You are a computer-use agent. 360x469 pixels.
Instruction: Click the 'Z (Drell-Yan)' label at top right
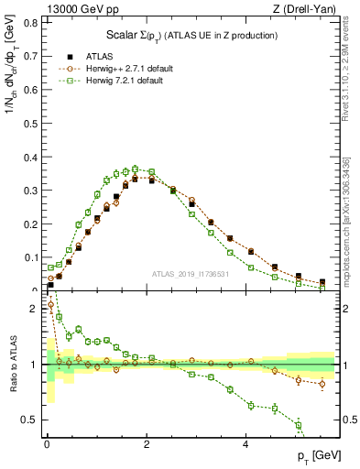pos(303,9)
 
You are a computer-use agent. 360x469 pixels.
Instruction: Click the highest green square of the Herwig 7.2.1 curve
pos(135,169)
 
